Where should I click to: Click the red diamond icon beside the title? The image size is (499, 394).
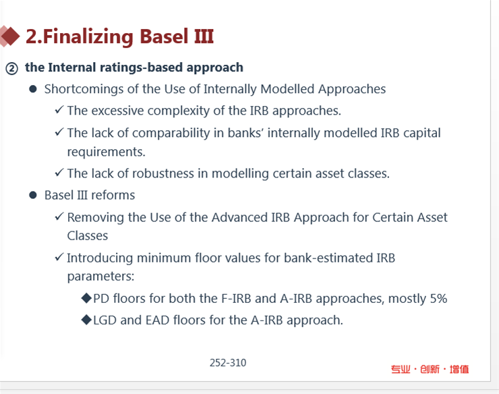pyautogui.click(x=9, y=36)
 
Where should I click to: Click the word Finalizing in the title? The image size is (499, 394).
pyautogui.click(x=88, y=36)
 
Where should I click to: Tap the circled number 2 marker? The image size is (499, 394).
pyautogui.click(x=11, y=69)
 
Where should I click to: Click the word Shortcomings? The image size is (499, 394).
pyautogui.click(x=84, y=90)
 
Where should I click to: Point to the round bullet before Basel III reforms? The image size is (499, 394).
pyautogui.click(x=33, y=195)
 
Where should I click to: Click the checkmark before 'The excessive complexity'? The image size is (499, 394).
pyautogui.click(x=59, y=110)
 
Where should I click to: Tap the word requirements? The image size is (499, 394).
pyautogui.click(x=107, y=152)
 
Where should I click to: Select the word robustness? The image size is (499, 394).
pyautogui.click(x=163, y=173)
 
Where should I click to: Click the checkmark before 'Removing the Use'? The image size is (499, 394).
pyautogui.click(x=59, y=217)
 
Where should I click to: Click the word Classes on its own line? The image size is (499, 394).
pyautogui.click(x=88, y=235)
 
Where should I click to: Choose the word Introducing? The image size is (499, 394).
pyautogui.click(x=100, y=258)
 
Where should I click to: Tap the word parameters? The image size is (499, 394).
pyautogui.click(x=100, y=277)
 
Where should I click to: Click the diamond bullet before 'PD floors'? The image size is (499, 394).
pyautogui.click(x=86, y=298)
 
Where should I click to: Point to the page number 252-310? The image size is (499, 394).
pyautogui.click(x=228, y=363)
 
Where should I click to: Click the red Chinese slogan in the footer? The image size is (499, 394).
pyautogui.click(x=430, y=369)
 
